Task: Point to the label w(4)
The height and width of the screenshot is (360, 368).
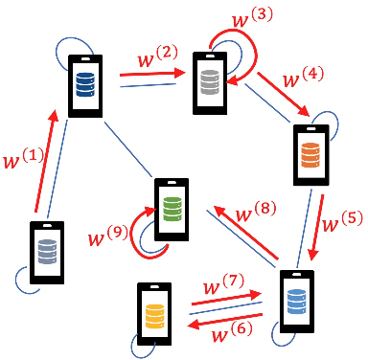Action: (x=300, y=76)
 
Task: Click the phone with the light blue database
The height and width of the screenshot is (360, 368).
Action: (x=295, y=303)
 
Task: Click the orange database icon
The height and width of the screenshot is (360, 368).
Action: (x=310, y=153)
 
